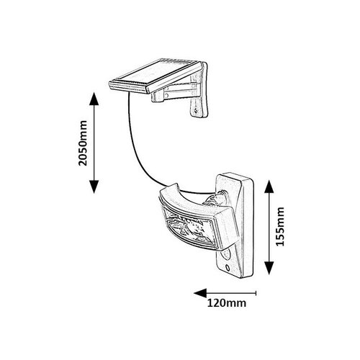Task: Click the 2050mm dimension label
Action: [x=83, y=143]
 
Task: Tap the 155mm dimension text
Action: [x=280, y=227]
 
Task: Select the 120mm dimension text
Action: [x=227, y=303]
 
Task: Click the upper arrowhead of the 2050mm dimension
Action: [x=94, y=99]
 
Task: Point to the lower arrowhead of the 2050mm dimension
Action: [x=94, y=186]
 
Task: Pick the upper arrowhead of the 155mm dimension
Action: [x=269, y=186]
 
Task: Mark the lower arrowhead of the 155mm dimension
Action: [x=269, y=268]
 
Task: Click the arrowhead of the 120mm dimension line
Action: [x=200, y=293]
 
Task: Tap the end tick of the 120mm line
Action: [x=256, y=293]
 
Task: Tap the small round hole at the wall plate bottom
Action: [x=227, y=268]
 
